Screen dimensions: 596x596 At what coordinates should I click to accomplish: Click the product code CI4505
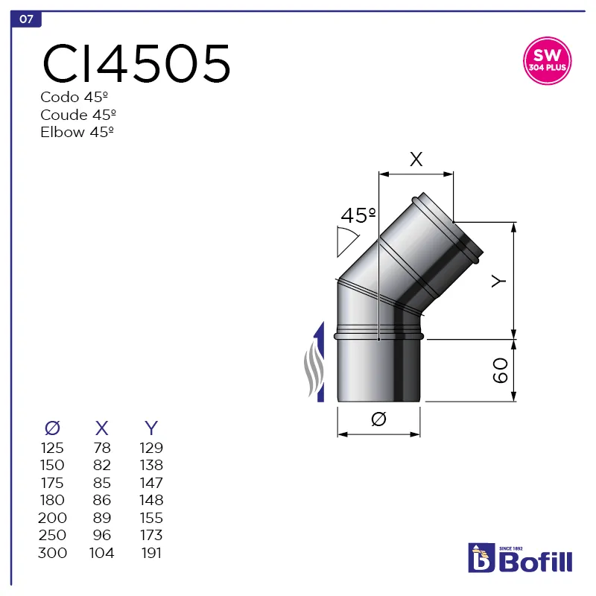click(136, 63)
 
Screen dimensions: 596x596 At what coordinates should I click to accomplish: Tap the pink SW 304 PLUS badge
click(548, 61)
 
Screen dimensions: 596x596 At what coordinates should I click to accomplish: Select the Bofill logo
click(520, 558)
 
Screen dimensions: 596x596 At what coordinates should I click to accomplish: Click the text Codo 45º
click(76, 97)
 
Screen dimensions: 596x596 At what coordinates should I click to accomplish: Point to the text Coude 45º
click(79, 115)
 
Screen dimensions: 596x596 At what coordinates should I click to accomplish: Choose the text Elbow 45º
click(77, 132)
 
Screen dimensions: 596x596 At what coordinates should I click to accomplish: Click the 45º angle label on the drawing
click(358, 216)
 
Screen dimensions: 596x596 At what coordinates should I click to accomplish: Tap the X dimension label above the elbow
click(416, 159)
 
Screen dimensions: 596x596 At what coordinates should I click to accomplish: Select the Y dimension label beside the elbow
click(499, 281)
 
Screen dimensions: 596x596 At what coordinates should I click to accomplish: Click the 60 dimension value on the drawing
click(500, 370)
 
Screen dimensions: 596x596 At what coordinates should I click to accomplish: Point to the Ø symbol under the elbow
click(378, 420)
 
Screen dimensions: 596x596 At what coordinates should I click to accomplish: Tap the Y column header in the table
click(151, 428)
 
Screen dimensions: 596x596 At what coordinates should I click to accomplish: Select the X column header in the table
click(102, 428)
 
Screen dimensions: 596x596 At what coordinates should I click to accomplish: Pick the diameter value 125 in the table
click(52, 448)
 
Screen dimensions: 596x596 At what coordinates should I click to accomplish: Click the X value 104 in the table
click(102, 553)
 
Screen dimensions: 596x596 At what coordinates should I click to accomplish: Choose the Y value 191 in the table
click(151, 553)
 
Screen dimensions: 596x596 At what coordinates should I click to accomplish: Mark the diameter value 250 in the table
click(52, 535)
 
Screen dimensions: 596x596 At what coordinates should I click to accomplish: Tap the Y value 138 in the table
click(151, 466)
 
